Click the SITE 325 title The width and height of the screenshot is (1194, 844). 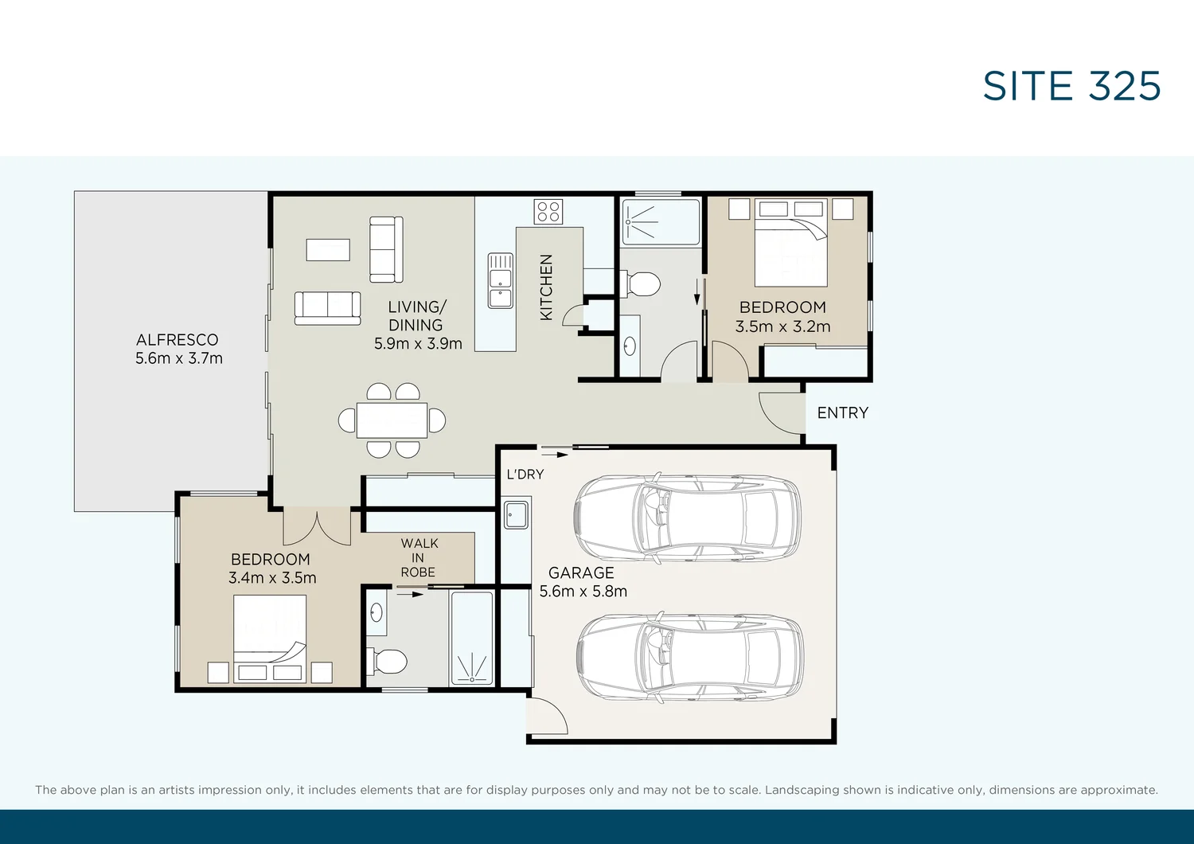1071,86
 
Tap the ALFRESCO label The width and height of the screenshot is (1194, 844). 177,340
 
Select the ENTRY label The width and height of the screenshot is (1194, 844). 842,413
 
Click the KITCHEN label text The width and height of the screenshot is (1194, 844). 546,287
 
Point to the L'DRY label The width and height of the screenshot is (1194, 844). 525,475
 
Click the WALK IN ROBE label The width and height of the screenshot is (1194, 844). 419,557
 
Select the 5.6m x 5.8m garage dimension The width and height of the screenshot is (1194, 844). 583,592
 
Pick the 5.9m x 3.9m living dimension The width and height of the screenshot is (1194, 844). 418,344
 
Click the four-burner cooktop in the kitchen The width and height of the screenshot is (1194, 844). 548,212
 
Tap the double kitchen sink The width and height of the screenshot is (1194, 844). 501,280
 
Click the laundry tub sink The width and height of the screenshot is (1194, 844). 516,514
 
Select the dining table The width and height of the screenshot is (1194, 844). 392,420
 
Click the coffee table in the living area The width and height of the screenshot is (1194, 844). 328,250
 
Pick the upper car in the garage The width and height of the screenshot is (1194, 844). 687,518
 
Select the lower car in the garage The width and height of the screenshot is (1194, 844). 689,657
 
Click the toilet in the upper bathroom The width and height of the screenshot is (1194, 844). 643,283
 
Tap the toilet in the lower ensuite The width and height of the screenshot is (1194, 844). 389,661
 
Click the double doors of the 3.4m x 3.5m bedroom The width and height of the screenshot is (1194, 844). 317,526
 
